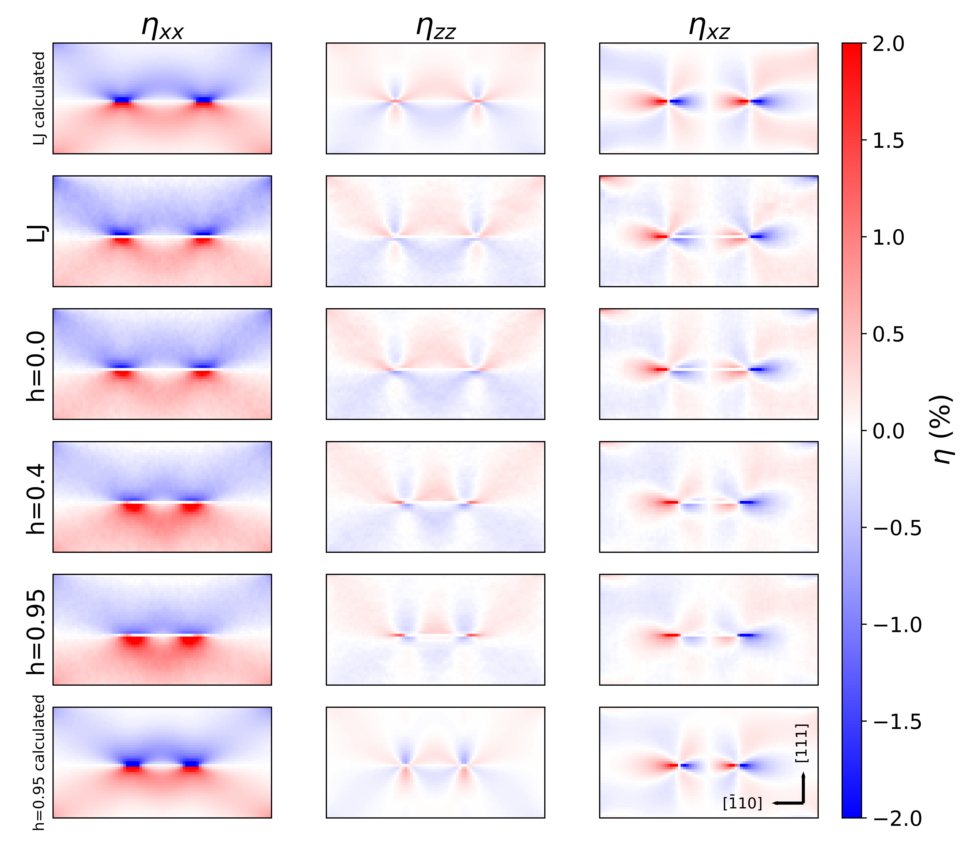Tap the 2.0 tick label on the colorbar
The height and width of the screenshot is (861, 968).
coord(888,44)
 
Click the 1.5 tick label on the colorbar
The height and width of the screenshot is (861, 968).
coord(888,141)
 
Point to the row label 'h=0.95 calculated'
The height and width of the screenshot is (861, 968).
coord(39,762)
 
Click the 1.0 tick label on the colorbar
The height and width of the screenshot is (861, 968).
coord(888,237)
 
